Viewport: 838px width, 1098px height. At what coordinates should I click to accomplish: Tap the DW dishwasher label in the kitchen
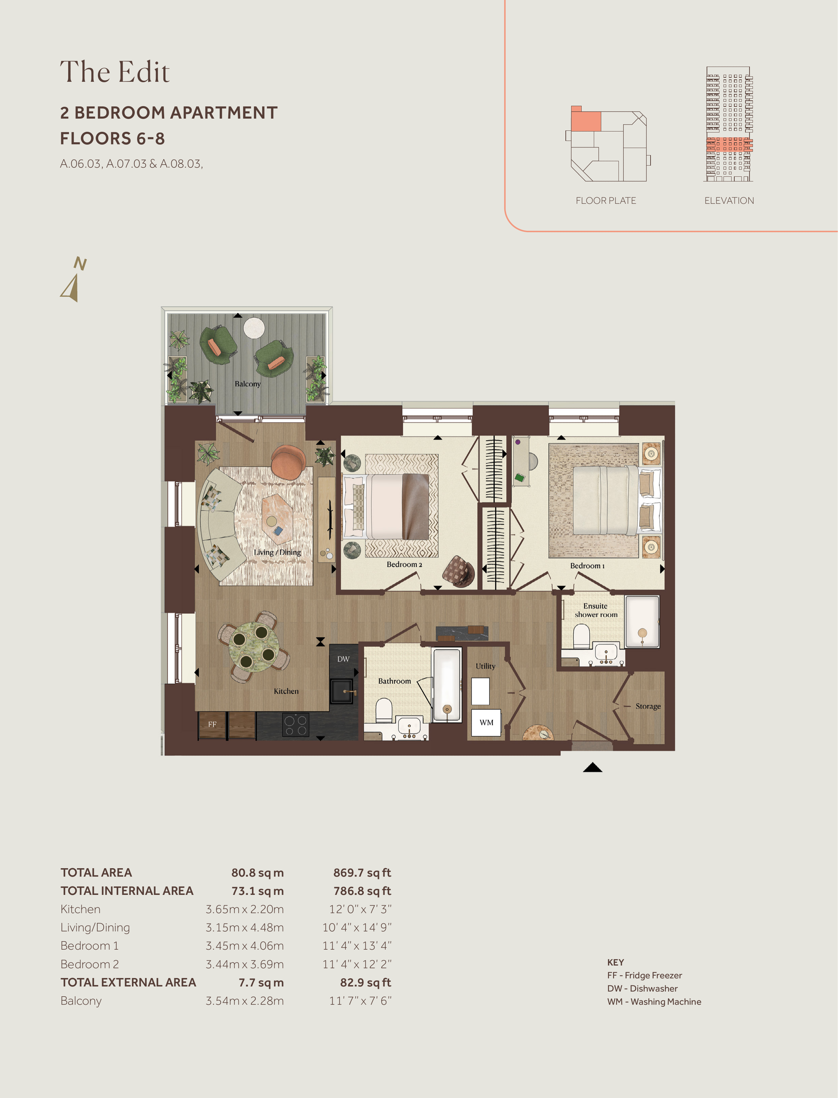click(343, 659)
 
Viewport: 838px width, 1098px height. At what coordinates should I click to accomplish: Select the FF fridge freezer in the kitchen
click(213, 724)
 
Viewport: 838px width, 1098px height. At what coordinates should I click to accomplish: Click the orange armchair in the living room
click(288, 462)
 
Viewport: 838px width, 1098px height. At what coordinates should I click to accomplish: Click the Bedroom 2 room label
click(404, 564)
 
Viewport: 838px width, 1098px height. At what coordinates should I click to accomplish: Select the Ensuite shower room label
click(596, 610)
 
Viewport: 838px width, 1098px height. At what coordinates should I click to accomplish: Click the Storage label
click(648, 706)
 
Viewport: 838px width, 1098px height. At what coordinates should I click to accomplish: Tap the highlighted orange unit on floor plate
click(585, 121)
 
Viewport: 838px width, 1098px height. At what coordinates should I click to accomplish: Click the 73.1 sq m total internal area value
click(257, 891)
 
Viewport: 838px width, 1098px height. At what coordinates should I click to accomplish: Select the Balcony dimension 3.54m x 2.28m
click(245, 1001)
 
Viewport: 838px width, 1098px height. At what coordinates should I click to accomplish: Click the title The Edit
click(115, 72)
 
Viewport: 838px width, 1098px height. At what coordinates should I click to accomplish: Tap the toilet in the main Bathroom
click(384, 710)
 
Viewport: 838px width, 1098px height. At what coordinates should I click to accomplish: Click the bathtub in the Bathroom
click(446, 684)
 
